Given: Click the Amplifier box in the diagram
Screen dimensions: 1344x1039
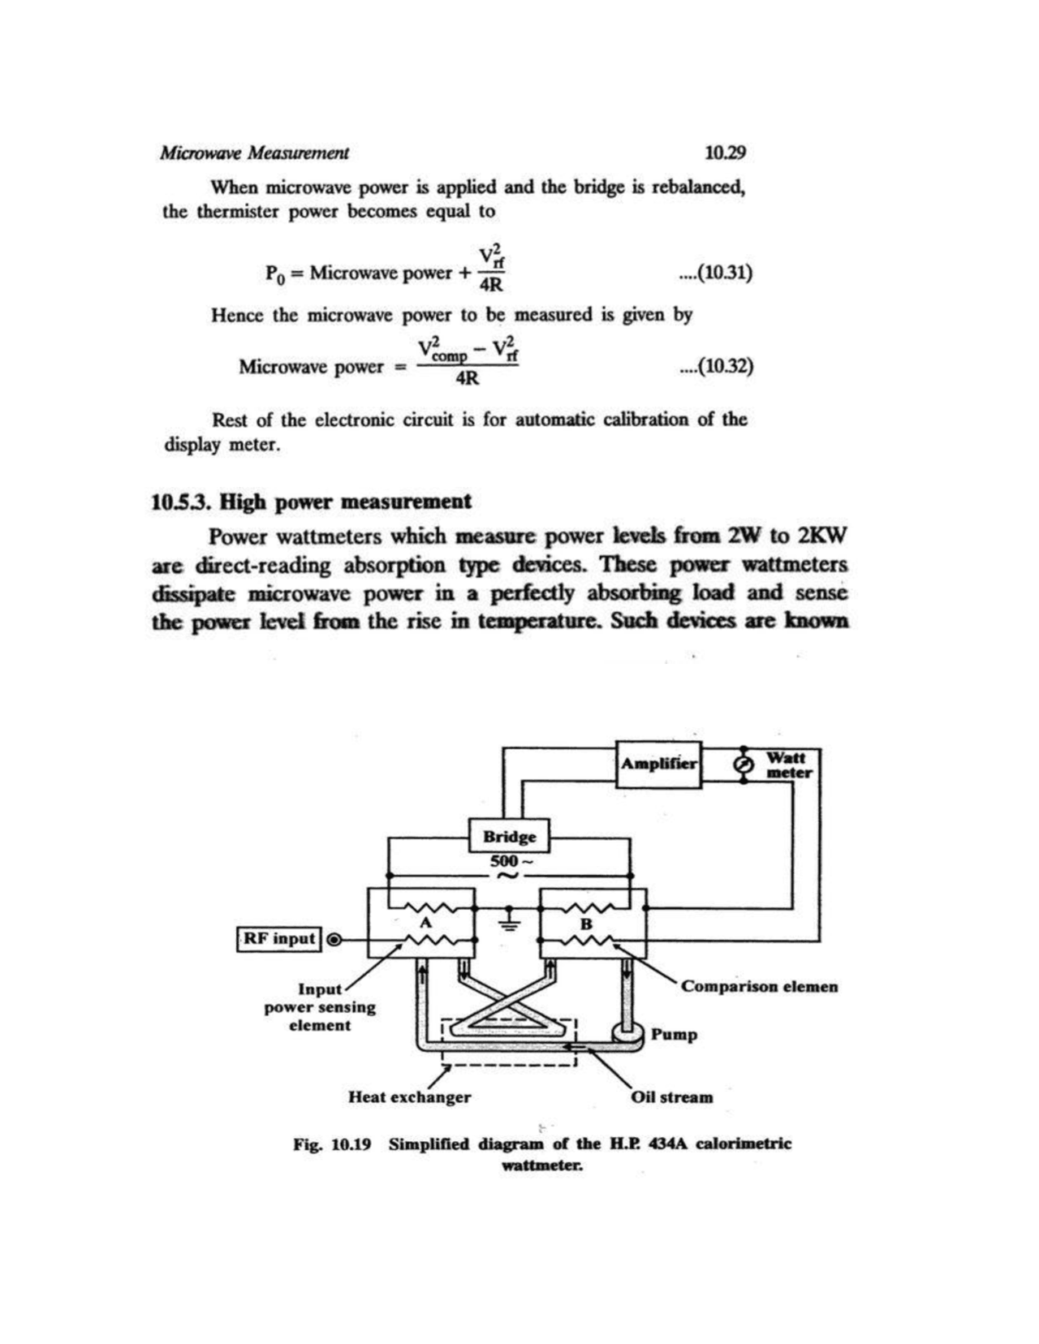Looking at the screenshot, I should pyautogui.click(x=658, y=765).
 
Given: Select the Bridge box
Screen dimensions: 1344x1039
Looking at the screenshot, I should pyautogui.click(x=510, y=836).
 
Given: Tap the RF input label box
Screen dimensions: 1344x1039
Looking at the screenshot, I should pyautogui.click(x=279, y=939).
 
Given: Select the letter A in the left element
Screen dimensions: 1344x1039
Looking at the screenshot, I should pyautogui.click(x=424, y=924).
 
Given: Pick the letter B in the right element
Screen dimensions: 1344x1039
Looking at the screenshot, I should pyautogui.click(x=587, y=924).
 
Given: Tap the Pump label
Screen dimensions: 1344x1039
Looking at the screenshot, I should pyautogui.click(x=674, y=1035).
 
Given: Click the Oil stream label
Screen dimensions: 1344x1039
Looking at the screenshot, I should pyautogui.click(x=672, y=1097).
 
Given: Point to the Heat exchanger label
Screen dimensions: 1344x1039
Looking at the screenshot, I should pyautogui.click(x=409, y=1097).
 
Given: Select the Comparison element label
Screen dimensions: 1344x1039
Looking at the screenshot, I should pyautogui.click(x=759, y=987).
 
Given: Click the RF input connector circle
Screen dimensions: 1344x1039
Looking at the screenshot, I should pyautogui.click(x=332, y=940).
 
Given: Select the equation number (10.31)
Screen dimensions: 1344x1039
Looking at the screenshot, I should pyautogui.click(x=716, y=273).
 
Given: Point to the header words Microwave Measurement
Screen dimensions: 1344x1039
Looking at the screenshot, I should pyautogui.click(x=254, y=153).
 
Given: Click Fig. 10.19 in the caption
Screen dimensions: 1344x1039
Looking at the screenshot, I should pyautogui.click(x=332, y=1144).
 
